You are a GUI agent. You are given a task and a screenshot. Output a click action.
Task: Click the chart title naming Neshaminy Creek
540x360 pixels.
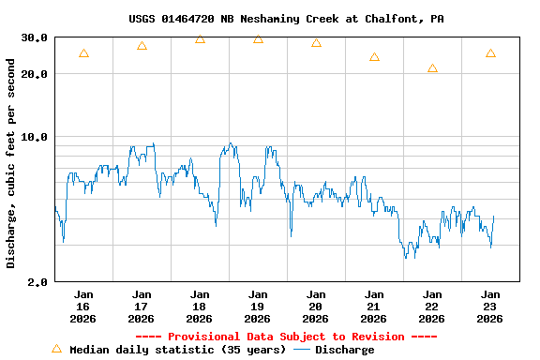pyautogui.click(x=286, y=18)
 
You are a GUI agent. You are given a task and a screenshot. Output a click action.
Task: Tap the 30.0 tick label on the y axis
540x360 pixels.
pyautogui.click(x=35, y=37)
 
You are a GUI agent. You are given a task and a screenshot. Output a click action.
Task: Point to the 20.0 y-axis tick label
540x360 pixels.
pyautogui.click(x=35, y=74)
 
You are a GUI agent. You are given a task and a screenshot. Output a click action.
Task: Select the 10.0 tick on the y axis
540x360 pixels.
pyautogui.click(x=35, y=137)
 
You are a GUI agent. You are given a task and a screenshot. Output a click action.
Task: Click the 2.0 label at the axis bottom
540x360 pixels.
pyautogui.click(x=38, y=282)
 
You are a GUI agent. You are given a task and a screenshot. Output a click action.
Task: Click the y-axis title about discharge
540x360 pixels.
pyautogui.click(x=11, y=163)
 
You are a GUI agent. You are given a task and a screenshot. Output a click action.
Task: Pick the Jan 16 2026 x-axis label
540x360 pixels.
pyautogui.click(x=83, y=307)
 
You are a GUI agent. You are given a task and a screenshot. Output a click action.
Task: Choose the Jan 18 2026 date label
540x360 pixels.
pyautogui.click(x=200, y=307)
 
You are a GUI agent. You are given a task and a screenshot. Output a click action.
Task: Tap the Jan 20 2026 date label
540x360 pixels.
pyautogui.click(x=316, y=307)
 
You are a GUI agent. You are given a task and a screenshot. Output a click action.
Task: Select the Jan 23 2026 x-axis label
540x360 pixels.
pyautogui.click(x=490, y=307)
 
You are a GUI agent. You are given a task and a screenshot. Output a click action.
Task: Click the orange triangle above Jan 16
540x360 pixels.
pyautogui.click(x=83, y=53)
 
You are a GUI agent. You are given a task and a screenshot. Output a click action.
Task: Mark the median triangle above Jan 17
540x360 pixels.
pyautogui.click(x=142, y=46)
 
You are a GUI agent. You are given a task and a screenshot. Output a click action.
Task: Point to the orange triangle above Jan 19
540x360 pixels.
pyautogui.click(x=258, y=38)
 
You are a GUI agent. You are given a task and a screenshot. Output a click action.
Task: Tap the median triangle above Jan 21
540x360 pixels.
pyautogui.click(x=374, y=57)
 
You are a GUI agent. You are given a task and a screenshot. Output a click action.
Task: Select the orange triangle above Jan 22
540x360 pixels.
pyautogui.click(x=432, y=68)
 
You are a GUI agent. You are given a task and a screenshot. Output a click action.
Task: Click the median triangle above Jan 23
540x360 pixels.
pyautogui.click(x=490, y=53)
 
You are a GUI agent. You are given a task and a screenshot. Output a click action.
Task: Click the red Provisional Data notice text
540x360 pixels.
pyautogui.click(x=286, y=337)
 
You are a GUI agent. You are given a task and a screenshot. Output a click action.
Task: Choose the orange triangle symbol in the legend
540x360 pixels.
pyautogui.click(x=56, y=349)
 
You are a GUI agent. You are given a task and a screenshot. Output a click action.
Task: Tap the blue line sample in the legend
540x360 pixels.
pyautogui.click(x=302, y=350)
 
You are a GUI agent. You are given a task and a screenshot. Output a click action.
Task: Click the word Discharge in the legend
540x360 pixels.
pyautogui.click(x=344, y=350)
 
